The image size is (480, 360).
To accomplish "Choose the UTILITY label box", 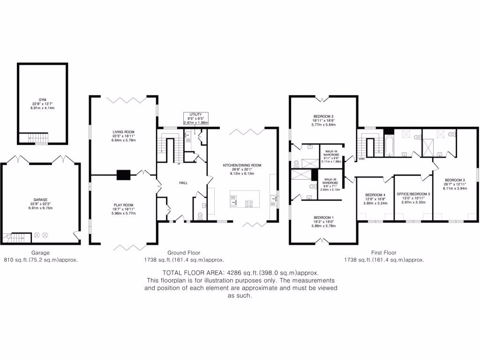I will click(195, 118).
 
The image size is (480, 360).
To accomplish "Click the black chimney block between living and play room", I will click(123, 174).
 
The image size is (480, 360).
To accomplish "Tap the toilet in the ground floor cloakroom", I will click(200, 216).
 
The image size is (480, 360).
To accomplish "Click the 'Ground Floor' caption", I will click(183, 253).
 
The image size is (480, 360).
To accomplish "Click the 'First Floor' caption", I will click(384, 253).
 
